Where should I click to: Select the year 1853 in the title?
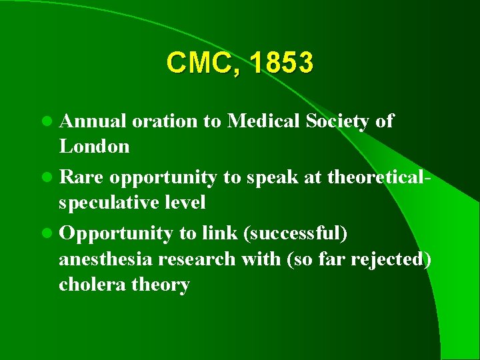point(282,63)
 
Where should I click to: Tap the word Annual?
point(93,121)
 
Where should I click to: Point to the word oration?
point(163,121)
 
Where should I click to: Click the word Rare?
point(82,178)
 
